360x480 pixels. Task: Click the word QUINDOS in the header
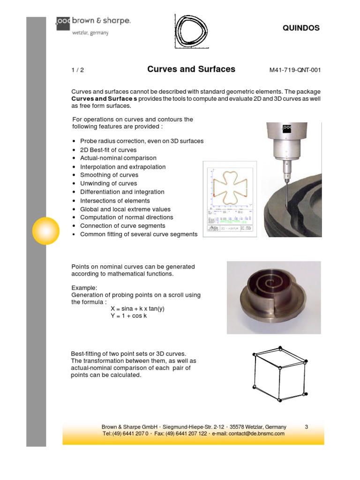[x=301, y=28]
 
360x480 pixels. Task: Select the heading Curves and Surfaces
[x=191, y=69]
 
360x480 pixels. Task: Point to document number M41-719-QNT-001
[x=295, y=70]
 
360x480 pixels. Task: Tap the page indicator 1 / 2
[x=77, y=70]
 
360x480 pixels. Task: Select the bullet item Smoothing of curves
[x=109, y=175]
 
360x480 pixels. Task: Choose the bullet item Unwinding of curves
[x=108, y=184]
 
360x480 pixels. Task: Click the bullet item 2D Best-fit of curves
[x=108, y=150]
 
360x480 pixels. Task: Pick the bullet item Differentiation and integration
[x=122, y=192]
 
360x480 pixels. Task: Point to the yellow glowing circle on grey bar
[x=45, y=231]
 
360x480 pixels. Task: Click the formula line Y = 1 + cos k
[x=132, y=316]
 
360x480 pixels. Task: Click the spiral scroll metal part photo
[x=274, y=297]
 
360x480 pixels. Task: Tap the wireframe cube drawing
[x=280, y=374]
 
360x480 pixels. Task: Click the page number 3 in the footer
[x=307, y=427]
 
